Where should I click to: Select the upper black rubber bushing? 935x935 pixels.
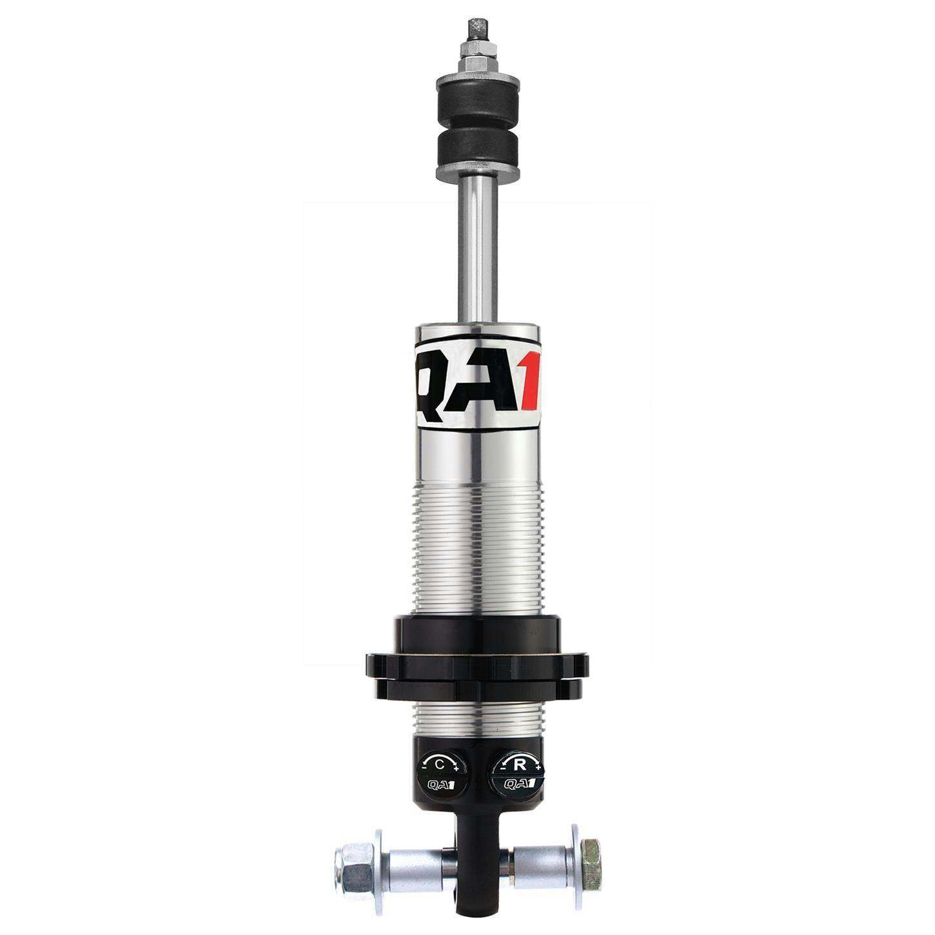click(478, 97)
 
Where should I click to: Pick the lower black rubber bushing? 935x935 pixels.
click(478, 150)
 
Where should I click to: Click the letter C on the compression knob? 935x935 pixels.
click(439, 765)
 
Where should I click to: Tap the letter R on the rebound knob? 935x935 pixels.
click(518, 765)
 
